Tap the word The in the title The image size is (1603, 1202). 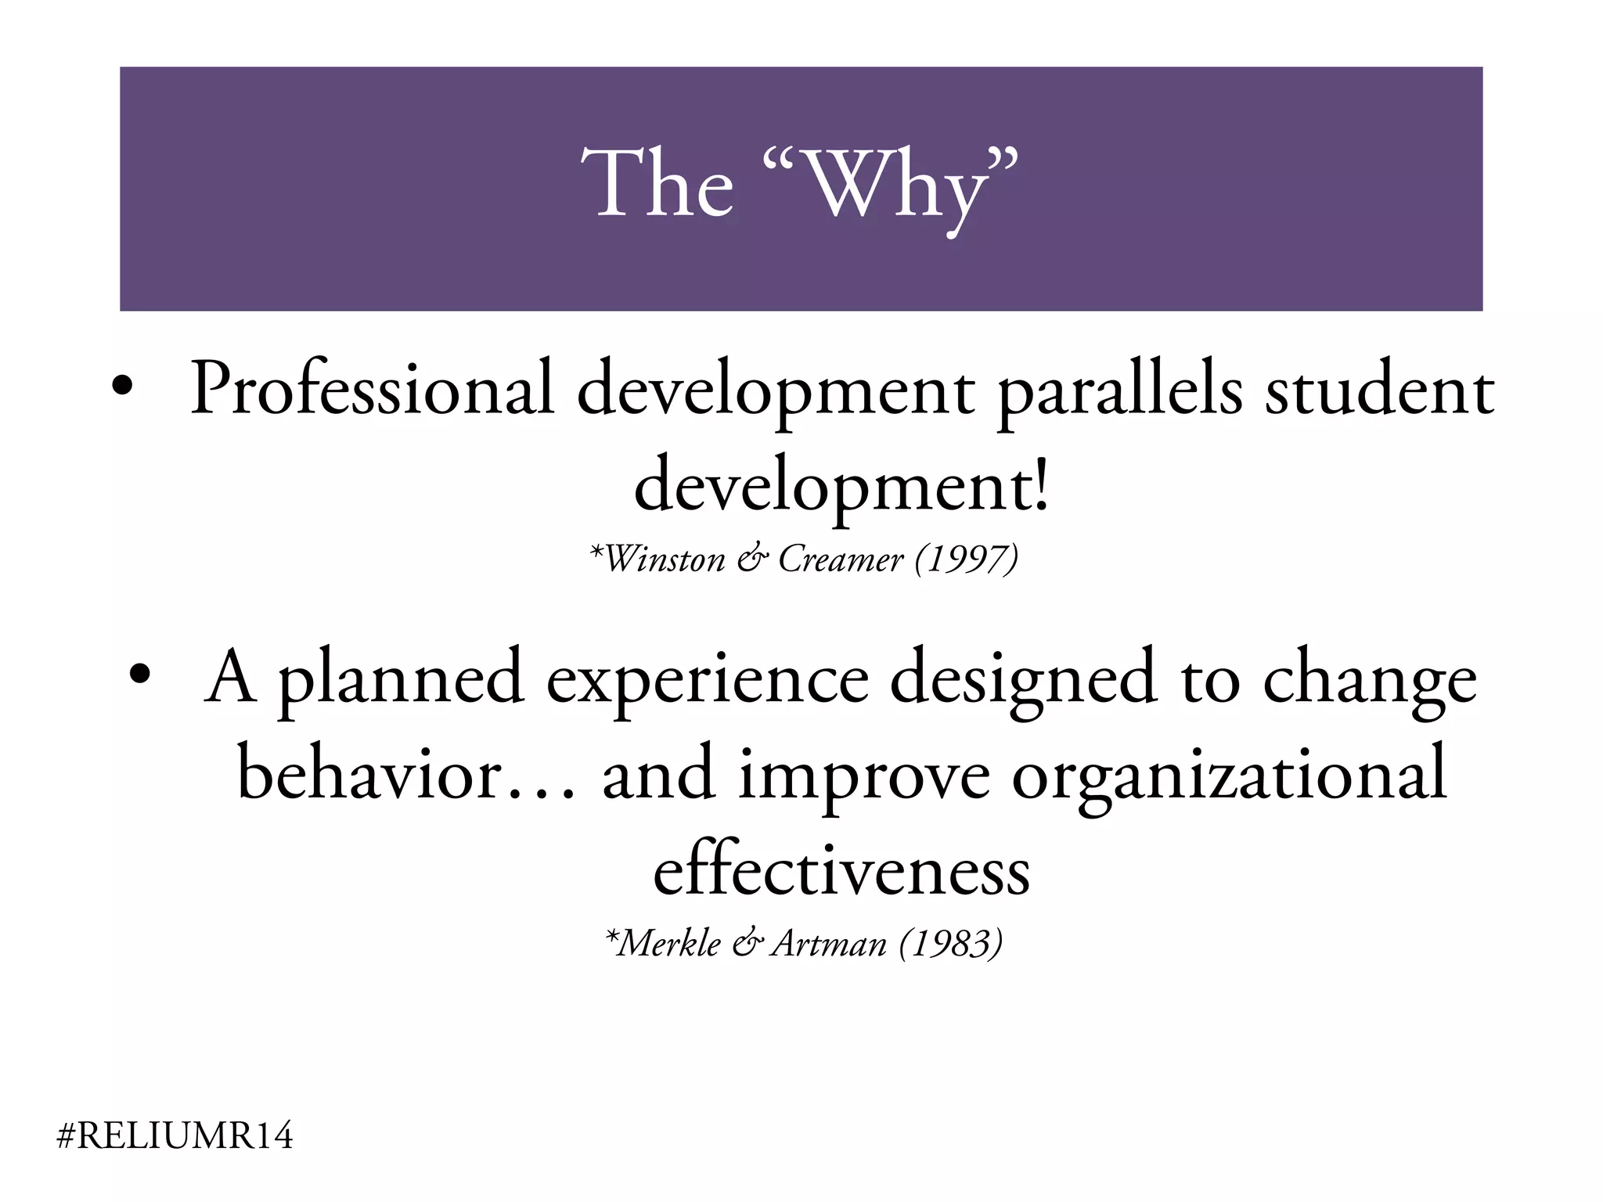click(x=657, y=184)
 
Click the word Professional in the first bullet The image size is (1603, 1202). click(x=373, y=389)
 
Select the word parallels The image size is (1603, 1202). click(x=1120, y=391)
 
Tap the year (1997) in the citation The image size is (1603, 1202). click(x=967, y=559)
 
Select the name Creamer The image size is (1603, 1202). click(x=841, y=559)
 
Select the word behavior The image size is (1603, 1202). click(x=368, y=775)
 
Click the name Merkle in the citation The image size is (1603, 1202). click(x=669, y=943)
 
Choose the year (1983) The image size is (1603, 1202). click(x=951, y=943)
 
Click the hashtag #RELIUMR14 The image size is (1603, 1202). click(x=175, y=1135)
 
